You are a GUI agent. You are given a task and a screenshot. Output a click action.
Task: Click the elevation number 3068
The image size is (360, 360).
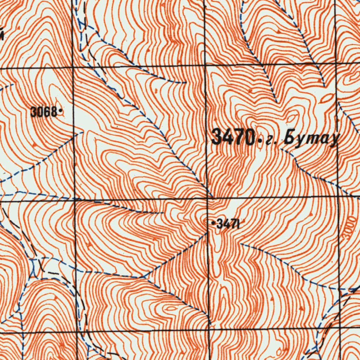click(44, 112)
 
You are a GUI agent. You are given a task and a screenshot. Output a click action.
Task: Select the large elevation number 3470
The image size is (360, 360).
click(232, 137)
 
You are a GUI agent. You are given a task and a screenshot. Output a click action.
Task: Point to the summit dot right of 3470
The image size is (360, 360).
click(259, 142)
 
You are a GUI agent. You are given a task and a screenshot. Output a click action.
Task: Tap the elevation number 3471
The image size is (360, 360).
click(228, 224)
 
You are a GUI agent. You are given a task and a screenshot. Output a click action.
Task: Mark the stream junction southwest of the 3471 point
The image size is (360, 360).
click(144, 277)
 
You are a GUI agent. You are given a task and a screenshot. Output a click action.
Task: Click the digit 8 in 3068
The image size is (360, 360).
click(54, 112)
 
